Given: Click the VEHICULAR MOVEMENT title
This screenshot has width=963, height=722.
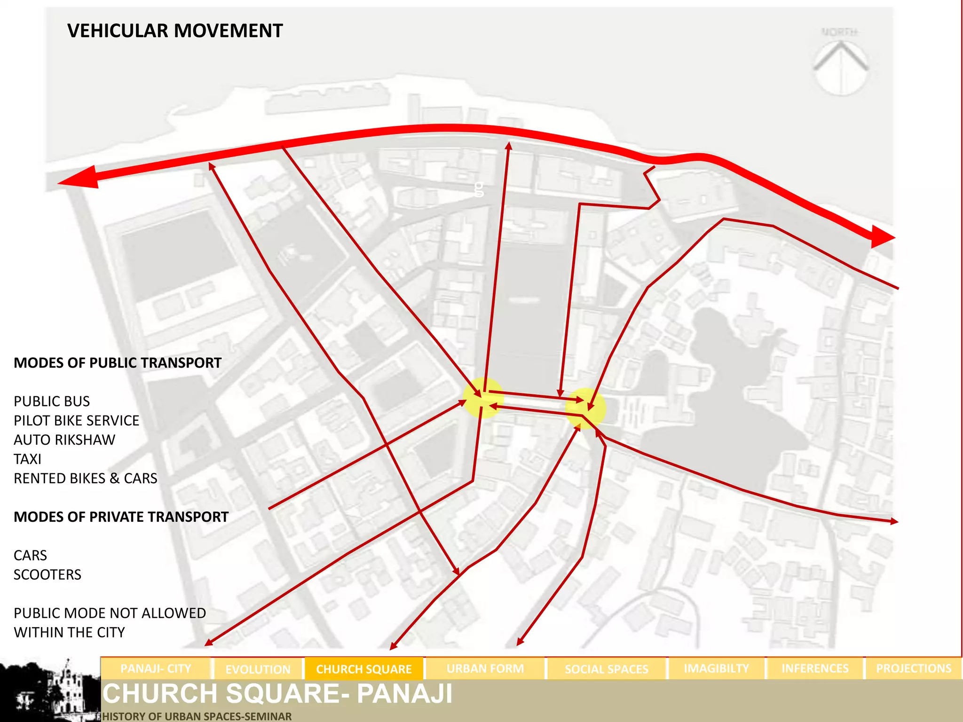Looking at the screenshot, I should point(175,31).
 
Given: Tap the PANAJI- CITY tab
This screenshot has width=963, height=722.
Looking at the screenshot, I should point(156,668).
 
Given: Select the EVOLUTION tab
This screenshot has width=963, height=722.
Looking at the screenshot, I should point(258,669).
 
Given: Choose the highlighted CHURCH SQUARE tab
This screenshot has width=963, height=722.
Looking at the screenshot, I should point(364,669).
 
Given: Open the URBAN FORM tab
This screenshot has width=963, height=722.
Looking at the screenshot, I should point(485,668).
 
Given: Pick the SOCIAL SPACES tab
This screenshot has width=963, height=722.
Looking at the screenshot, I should point(606,669).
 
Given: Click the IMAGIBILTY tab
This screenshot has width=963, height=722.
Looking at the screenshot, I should point(716,668).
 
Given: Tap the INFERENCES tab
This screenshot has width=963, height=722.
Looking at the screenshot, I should point(815,668).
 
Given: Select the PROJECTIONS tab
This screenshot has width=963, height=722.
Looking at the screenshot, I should point(913,668).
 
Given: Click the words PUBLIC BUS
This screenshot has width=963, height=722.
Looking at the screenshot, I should point(52,401).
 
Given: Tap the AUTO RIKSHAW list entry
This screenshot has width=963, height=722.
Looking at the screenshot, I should point(64,440).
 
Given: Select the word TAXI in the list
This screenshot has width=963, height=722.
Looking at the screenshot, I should point(27,459).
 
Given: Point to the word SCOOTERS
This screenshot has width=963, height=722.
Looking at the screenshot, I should point(47,575).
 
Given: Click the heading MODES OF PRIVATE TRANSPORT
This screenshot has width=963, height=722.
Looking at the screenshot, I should point(121,517).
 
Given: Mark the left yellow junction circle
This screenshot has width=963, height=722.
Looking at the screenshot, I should point(483,398).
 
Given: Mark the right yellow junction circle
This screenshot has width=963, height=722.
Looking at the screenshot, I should point(585,408).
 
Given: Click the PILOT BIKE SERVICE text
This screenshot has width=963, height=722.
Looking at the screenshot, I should point(77,421).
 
